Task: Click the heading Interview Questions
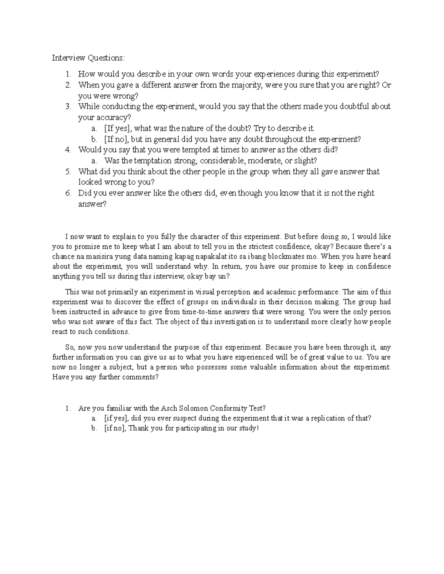tap(88, 58)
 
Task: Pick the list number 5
tap(68, 171)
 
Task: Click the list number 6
tap(68, 193)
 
